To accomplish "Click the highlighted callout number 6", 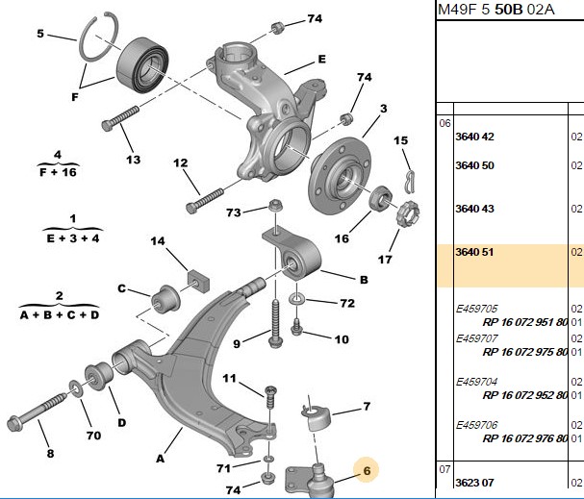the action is tap(367, 471).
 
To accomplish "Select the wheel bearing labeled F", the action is tap(142, 64).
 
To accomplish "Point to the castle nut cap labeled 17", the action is tap(408, 213).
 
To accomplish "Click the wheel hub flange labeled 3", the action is tap(340, 176).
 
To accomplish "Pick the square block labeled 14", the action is tap(198, 280).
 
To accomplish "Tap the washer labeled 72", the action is tap(297, 298).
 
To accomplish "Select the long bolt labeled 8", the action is tap(37, 412).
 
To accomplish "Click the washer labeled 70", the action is tap(76, 388).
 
